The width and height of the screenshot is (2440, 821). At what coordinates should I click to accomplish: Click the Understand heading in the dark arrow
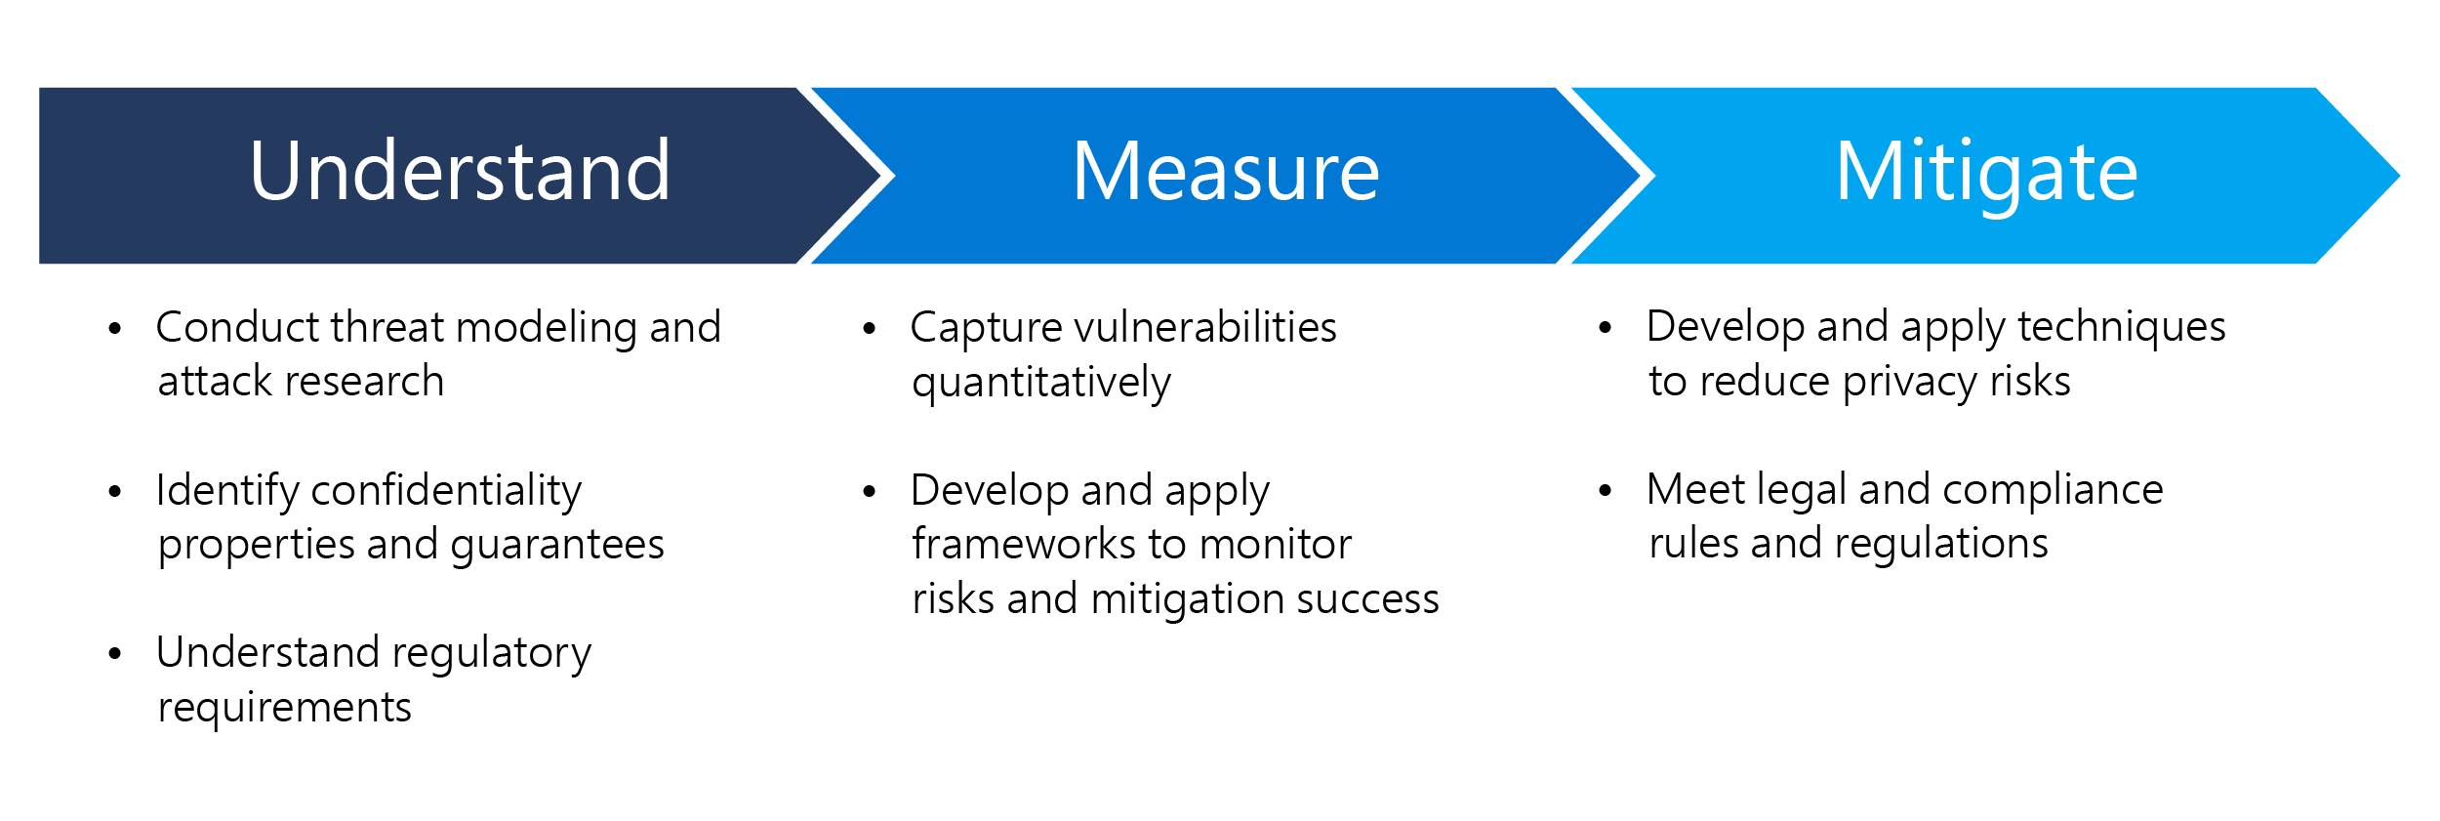pos(460,172)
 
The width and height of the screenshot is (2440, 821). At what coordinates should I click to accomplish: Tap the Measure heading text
pos(1226,172)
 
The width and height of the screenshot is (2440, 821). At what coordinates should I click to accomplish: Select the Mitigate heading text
pos(1986,172)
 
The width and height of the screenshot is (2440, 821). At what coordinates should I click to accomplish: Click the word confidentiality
pos(446,490)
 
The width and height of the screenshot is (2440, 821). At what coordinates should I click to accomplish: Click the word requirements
pos(284,708)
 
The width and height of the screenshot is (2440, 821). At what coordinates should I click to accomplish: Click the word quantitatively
pos(1040,383)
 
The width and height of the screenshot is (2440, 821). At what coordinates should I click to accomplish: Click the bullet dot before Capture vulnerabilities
pos(869,329)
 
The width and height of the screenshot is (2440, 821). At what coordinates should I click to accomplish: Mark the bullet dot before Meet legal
pos(1605,491)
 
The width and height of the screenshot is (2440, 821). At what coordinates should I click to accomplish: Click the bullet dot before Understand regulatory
pos(114,654)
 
